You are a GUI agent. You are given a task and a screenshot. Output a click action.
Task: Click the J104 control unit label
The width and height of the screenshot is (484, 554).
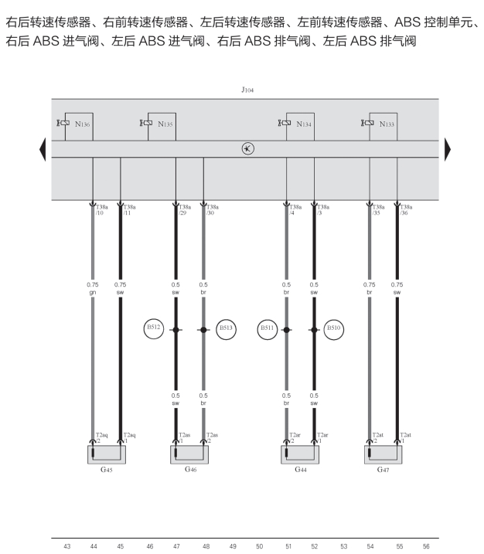pos(247,90)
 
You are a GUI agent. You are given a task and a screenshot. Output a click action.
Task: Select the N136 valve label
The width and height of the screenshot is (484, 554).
pos(83,124)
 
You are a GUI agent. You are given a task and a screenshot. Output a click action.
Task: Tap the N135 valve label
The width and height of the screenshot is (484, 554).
pos(165,124)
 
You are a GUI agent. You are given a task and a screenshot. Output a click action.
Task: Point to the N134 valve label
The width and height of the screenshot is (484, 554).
pos(304,124)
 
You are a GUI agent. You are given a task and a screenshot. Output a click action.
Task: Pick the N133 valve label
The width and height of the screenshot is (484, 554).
pos(387,124)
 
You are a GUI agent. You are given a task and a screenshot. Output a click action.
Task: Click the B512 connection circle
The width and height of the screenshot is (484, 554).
pos(154,329)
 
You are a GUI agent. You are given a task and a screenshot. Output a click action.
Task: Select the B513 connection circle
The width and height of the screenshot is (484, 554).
pos(226,329)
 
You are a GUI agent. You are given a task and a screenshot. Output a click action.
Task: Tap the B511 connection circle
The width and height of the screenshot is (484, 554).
pos(268,329)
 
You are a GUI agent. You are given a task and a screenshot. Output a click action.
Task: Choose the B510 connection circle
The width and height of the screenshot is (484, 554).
pos(334,329)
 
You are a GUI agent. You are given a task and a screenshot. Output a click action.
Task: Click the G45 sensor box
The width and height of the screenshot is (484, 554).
pos(107,454)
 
